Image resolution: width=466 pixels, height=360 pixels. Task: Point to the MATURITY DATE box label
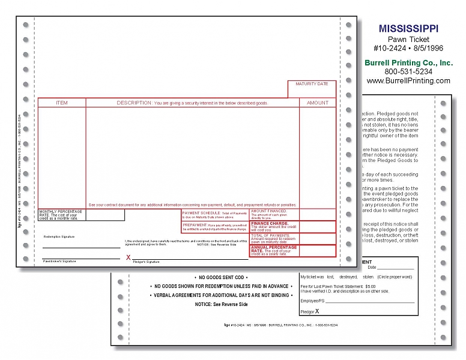point(312,84)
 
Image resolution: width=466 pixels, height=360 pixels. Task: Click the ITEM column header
point(62,103)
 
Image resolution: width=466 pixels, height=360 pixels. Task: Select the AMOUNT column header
point(318,103)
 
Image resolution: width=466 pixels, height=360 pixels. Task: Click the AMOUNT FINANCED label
point(268,211)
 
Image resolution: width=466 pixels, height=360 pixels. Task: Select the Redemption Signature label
point(59,237)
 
